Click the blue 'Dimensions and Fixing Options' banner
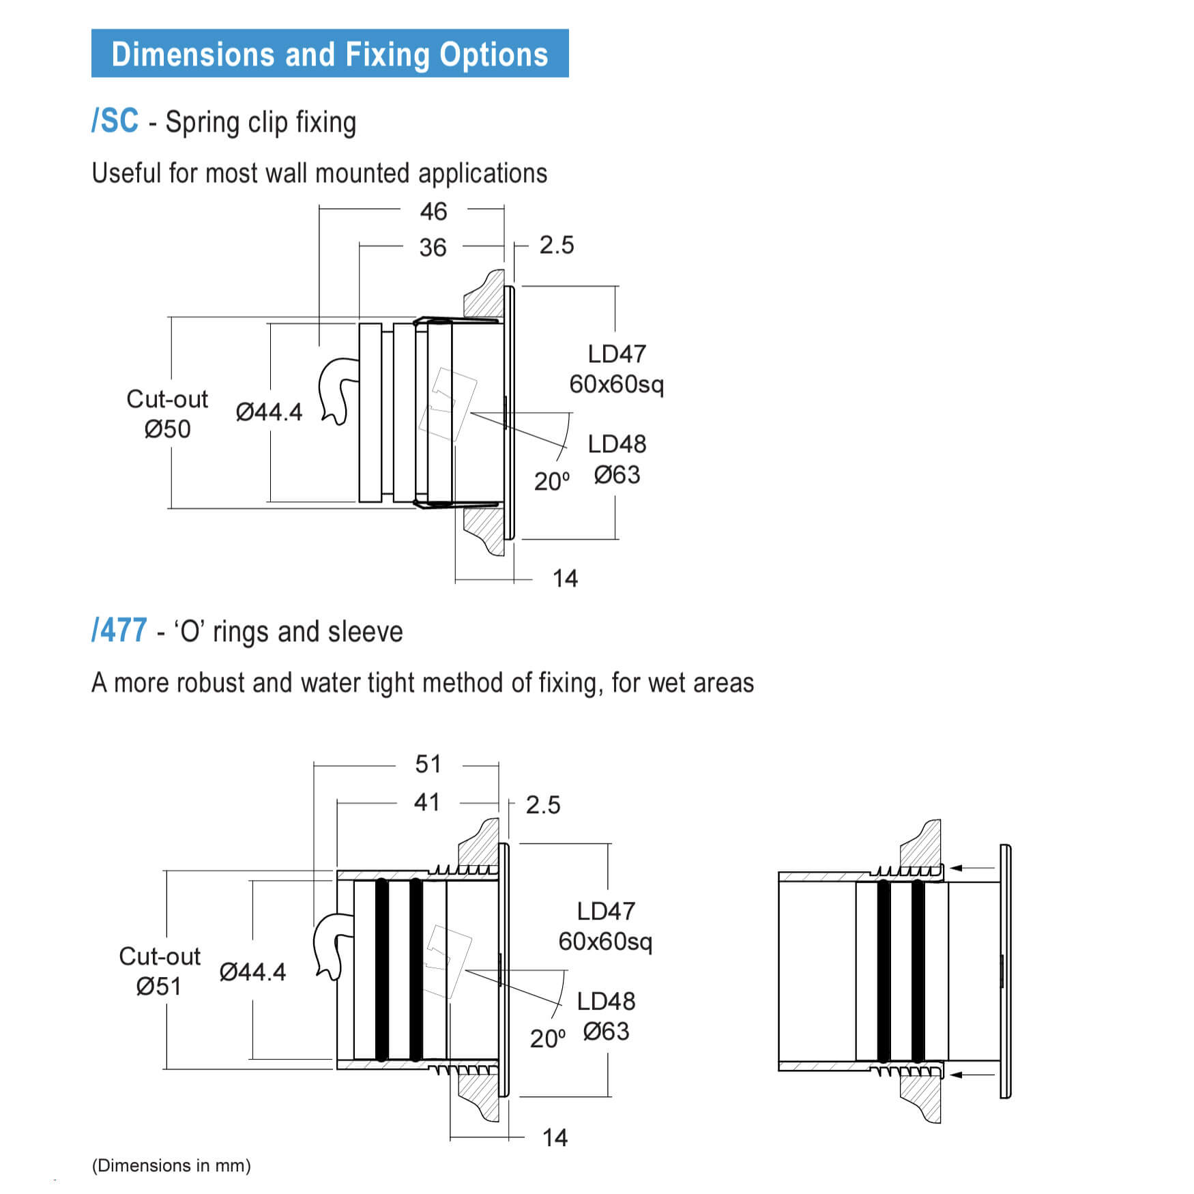click(x=330, y=53)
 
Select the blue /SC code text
click(x=115, y=121)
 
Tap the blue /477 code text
click(x=119, y=630)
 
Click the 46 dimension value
click(x=433, y=212)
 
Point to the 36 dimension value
click(x=433, y=248)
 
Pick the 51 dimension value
click(x=428, y=764)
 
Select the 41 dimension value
click(x=426, y=802)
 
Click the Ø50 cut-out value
click(x=167, y=430)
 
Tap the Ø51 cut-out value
click(x=158, y=987)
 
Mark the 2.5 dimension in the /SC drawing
click(x=557, y=246)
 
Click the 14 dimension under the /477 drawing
click(x=555, y=1137)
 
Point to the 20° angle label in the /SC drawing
click(x=551, y=482)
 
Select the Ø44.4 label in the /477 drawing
click(x=252, y=972)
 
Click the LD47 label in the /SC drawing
click(x=617, y=354)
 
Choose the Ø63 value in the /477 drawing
click(x=606, y=1032)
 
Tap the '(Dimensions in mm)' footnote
click(x=171, y=1165)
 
